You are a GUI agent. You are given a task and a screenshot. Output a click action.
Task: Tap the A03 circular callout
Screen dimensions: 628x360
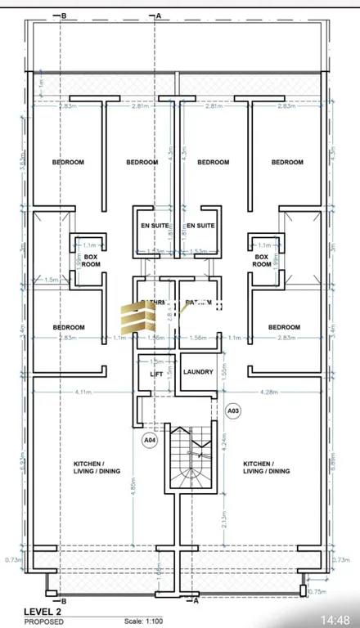click(x=232, y=410)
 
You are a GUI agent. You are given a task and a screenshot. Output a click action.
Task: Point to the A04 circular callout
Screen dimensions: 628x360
click(x=150, y=440)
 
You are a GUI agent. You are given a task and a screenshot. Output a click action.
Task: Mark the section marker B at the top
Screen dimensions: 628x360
click(x=64, y=15)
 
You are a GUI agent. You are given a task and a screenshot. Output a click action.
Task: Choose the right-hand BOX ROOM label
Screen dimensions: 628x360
click(x=261, y=260)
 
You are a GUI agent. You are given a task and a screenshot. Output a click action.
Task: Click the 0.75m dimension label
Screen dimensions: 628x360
click(x=316, y=592)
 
